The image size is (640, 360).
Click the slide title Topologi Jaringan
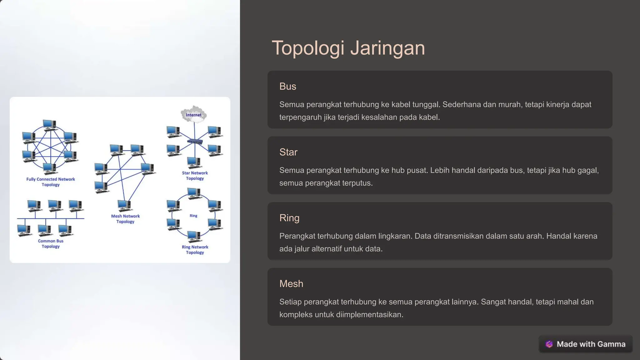[x=348, y=48]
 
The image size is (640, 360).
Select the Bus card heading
[x=287, y=87]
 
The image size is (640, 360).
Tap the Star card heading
[x=288, y=152]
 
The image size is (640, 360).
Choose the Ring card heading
[x=289, y=218]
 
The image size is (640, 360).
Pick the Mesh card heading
[x=291, y=284]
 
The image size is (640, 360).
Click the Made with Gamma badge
[x=585, y=344]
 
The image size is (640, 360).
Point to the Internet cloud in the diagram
[x=194, y=114]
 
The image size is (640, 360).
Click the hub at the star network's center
[x=195, y=142]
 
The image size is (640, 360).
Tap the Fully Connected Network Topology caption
[x=51, y=182]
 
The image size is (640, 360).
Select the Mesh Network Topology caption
[x=125, y=219]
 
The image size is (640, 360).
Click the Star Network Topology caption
[x=195, y=176]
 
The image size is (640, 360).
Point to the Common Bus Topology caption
[x=51, y=244]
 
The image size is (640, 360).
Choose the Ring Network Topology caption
[x=195, y=250]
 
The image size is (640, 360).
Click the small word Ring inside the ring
[x=193, y=216]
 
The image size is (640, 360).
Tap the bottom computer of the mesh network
[x=124, y=205]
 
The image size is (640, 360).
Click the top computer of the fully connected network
[x=49, y=124]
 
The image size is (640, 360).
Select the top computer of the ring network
[x=194, y=193]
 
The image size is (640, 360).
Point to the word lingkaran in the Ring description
[x=395, y=236]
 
